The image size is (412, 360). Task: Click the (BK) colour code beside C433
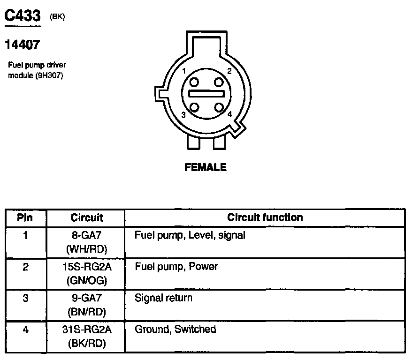click(57, 17)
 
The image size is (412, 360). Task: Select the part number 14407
click(22, 45)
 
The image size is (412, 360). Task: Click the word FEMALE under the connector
click(206, 167)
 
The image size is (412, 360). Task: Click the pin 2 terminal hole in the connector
click(218, 82)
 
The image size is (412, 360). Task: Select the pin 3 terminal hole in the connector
click(192, 106)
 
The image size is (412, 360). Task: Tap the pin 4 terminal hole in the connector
click(218, 106)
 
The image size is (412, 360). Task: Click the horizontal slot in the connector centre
click(205, 94)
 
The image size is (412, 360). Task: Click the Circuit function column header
click(265, 217)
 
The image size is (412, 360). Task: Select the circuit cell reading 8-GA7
click(86, 235)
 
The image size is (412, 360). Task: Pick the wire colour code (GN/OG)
click(86, 280)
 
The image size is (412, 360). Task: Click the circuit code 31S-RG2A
click(86, 330)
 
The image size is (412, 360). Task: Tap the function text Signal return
click(163, 298)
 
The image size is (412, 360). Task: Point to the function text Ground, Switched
click(175, 330)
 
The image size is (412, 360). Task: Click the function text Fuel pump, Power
click(176, 267)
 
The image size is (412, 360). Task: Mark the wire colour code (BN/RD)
click(86, 312)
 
